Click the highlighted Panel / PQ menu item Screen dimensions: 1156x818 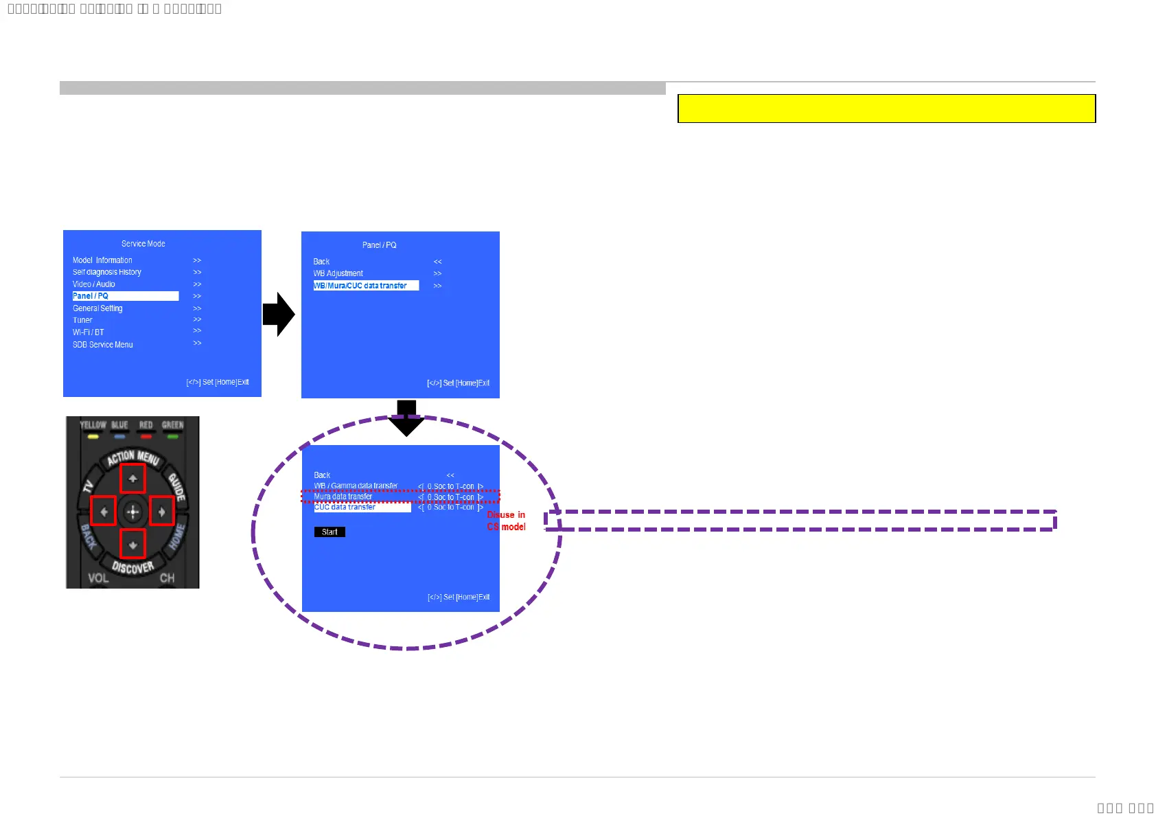(x=125, y=296)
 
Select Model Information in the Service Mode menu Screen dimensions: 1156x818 (x=102, y=260)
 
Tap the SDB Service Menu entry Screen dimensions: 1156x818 (x=103, y=345)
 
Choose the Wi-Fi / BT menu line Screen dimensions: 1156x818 (x=89, y=332)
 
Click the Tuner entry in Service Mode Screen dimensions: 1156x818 (x=82, y=320)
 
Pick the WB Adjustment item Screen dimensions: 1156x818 (x=338, y=273)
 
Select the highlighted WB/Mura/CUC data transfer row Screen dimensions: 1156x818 (x=365, y=286)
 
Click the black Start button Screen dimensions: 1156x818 (x=330, y=532)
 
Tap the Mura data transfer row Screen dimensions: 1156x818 (x=343, y=497)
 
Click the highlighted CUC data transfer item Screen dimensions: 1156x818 (x=362, y=508)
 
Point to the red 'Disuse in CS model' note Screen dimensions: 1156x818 (x=507, y=521)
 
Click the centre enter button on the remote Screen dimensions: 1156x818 (x=132, y=512)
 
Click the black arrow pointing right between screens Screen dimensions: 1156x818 (x=279, y=315)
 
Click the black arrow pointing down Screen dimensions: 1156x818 (x=406, y=418)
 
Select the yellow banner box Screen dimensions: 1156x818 (x=886, y=109)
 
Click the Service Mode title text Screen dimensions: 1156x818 (x=143, y=244)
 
